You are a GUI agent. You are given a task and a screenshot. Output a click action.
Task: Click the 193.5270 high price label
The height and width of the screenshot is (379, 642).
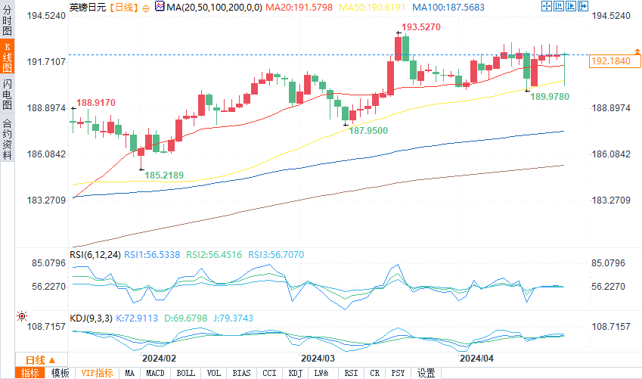click(420, 26)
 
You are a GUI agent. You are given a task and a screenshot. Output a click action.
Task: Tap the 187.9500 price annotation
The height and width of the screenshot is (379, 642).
click(368, 131)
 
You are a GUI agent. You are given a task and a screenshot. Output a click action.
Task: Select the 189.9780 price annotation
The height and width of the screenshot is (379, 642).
click(550, 97)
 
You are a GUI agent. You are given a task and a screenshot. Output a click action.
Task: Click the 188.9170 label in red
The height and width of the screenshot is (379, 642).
click(96, 102)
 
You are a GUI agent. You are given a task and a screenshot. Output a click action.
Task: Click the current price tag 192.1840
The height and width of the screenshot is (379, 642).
click(609, 61)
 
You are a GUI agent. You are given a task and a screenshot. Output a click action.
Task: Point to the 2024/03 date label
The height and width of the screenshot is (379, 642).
click(318, 358)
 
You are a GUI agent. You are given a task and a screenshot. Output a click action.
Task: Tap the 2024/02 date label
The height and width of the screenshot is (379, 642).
click(159, 358)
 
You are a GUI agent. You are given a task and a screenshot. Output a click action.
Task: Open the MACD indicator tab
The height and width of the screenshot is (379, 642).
click(155, 373)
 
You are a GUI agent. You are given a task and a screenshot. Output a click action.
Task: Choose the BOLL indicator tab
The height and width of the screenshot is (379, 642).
click(185, 373)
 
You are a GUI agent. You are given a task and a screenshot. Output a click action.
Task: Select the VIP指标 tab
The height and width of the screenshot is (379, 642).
click(97, 373)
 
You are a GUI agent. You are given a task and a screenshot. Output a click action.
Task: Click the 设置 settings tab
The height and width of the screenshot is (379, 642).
click(426, 373)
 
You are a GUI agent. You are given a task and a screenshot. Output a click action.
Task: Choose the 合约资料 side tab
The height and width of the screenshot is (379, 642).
click(7, 138)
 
